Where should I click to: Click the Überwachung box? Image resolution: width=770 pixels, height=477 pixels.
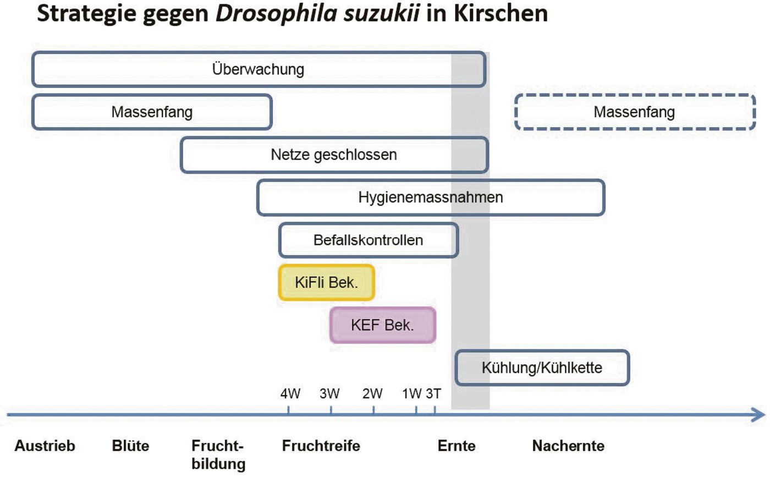[x=258, y=69]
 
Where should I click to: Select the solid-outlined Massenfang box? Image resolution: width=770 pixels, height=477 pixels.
[x=152, y=112]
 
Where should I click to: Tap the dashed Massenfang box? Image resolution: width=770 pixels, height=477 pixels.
[x=635, y=112]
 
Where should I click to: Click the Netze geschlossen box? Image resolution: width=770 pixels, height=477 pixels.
[x=334, y=155]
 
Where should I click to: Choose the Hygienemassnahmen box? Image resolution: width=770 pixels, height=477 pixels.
[x=431, y=198]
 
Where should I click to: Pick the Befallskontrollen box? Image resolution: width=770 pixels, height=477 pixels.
[x=369, y=240]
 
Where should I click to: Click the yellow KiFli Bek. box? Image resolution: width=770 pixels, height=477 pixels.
[x=327, y=283]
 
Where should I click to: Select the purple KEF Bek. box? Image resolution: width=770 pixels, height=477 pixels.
[x=383, y=325]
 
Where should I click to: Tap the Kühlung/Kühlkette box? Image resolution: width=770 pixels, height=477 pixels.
[x=542, y=368]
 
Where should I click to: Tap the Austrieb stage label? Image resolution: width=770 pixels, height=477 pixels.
[x=45, y=446]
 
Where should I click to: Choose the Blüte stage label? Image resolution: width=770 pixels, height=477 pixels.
[x=130, y=446]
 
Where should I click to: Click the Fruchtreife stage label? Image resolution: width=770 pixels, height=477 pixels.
[x=321, y=446]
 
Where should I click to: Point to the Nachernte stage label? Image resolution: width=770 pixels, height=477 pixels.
[x=568, y=446]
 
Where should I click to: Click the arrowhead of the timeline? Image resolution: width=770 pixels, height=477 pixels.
[x=758, y=414]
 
